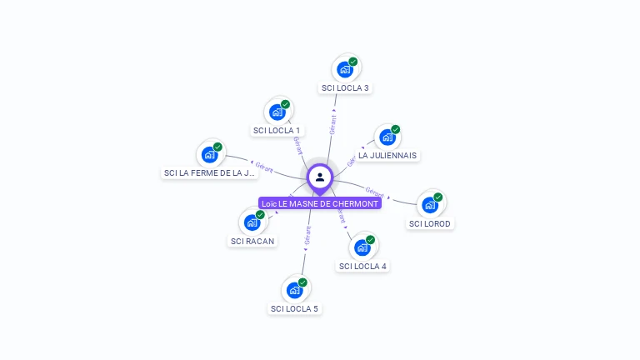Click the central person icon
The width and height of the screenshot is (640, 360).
tap(320, 177)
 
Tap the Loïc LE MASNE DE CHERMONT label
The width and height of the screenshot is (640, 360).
tap(320, 203)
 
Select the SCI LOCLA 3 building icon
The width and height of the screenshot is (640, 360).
tap(345, 69)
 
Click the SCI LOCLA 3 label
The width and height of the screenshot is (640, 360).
tap(345, 87)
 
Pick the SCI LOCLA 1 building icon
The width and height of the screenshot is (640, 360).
tap(277, 112)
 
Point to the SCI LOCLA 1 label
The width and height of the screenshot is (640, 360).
tap(277, 130)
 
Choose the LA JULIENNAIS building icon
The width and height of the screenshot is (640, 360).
tap(387, 137)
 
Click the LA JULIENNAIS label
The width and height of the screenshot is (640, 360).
tap(387, 155)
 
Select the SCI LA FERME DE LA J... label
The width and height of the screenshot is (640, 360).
tap(210, 173)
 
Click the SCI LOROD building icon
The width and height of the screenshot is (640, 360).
tap(430, 204)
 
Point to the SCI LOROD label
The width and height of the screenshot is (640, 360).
tap(430, 223)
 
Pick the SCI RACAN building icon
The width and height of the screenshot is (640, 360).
tap(252, 222)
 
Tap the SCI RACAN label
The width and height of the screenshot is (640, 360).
tap(252, 241)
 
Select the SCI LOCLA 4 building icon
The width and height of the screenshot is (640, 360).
tap(362, 247)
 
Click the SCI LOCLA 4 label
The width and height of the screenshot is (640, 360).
tap(362, 267)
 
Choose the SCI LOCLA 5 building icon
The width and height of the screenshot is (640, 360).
tap(295, 290)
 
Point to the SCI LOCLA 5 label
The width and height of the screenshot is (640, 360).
tap(294, 308)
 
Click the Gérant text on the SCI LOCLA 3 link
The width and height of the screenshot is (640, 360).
tap(332, 125)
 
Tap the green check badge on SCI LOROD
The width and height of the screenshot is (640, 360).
tap(438, 197)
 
